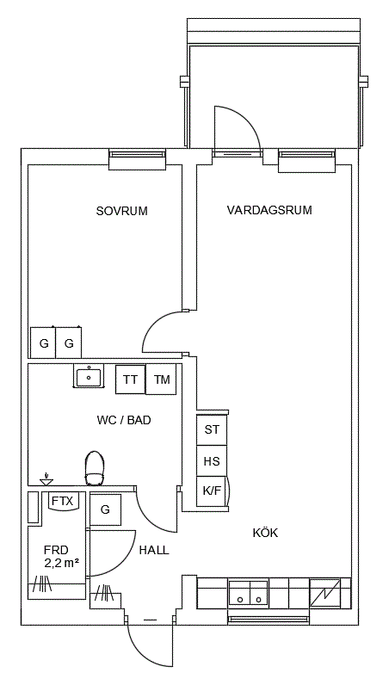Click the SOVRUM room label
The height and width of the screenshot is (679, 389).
click(121, 211)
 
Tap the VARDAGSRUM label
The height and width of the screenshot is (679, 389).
click(269, 211)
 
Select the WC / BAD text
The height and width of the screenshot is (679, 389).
click(124, 420)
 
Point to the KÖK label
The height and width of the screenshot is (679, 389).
click(265, 532)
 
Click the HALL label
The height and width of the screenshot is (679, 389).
click(154, 551)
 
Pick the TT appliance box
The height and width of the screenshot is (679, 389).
click(131, 380)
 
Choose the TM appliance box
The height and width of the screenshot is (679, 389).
click(161, 380)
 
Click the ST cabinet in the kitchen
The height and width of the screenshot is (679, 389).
click(212, 430)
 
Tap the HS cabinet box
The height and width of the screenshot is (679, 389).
click(212, 461)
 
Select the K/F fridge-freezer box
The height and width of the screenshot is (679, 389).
click(212, 491)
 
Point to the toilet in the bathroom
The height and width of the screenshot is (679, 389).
click(95, 468)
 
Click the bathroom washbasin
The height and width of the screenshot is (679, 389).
click(89, 377)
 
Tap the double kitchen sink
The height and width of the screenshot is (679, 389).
click(248, 592)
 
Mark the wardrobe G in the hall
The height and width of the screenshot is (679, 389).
click(105, 509)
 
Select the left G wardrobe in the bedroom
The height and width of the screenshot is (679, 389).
click(43, 343)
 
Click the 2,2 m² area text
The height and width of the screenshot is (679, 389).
click(61, 563)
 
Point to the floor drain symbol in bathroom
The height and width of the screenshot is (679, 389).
click(46, 480)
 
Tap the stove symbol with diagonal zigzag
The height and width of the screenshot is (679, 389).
click(325, 593)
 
